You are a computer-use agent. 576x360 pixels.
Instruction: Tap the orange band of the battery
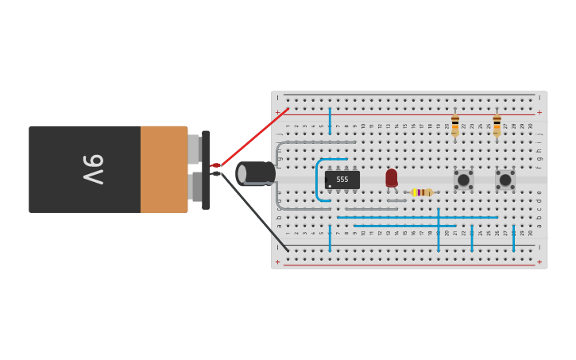[x=164, y=169]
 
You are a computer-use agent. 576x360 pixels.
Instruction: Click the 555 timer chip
[x=342, y=180]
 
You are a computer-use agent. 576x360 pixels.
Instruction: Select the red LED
[x=391, y=178]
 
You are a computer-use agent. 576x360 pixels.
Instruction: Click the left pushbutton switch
[x=463, y=180]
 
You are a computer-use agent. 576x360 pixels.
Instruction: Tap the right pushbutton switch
[x=505, y=180]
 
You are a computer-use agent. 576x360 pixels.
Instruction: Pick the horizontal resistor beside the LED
[x=422, y=192]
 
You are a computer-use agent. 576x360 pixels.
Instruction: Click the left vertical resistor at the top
[x=455, y=125]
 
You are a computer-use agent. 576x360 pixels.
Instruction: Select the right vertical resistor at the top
[x=497, y=125]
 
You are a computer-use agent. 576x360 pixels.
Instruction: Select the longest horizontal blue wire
[x=417, y=217]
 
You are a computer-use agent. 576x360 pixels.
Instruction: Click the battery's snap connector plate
[x=206, y=169]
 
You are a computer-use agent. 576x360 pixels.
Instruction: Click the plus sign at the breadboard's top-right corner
[x=539, y=112]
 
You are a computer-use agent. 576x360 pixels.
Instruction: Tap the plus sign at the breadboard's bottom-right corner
[x=539, y=261]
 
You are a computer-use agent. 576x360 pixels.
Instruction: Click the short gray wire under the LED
[x=396, y=200]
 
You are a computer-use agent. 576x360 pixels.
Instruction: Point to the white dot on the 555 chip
[x=330, y=186]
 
